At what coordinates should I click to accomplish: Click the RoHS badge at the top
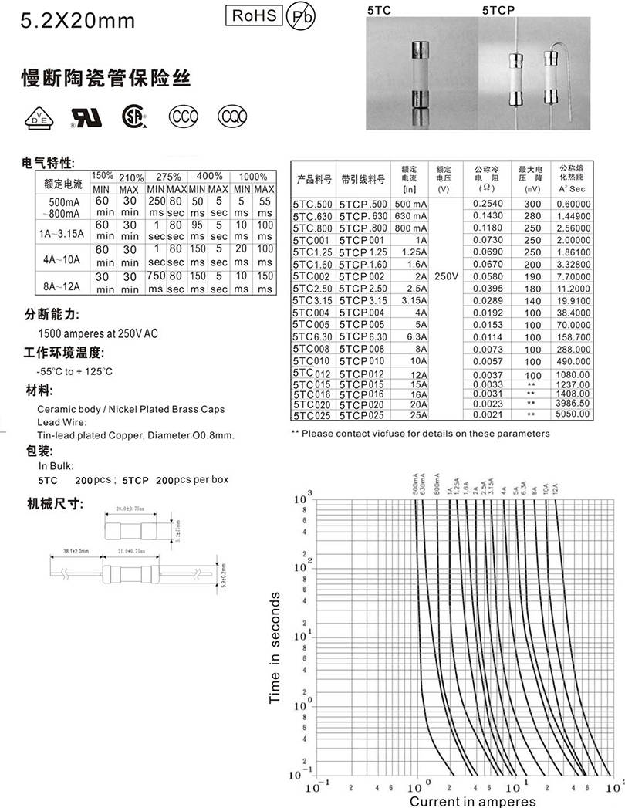tap(253, 15)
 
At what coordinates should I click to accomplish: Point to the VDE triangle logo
tap(36, 117)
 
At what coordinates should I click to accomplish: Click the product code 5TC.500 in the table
tap(312, 204)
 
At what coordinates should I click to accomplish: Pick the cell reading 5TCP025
tap(361, 414)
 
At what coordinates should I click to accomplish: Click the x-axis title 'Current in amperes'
tap(478, 801)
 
